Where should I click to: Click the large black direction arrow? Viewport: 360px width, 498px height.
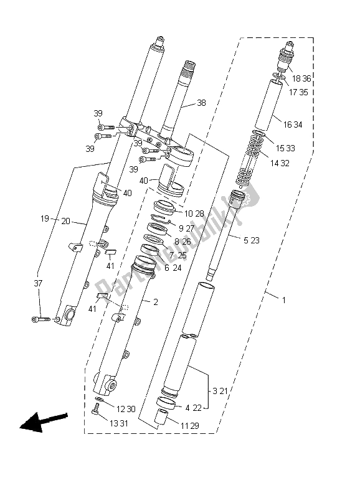pyautogui.click(x=43, y=421)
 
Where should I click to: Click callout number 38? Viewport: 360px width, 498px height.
pyautogui.click(x=201, y=103)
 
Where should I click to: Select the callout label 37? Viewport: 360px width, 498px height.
pyautogui.click(x=38, y=283)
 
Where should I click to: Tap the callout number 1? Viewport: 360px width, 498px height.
pyautogui.click(x=284, y=300)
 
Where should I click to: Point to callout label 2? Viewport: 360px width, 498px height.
pyautogui.click(x=155, y=302)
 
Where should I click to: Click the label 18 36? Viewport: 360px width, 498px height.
pyautogui.click(x=301, y=78)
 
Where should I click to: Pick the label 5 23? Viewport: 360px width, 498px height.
pyautogui.click(x=252, y=240)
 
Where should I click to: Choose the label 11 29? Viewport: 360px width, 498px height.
pyautogui.click(x=190, y=426)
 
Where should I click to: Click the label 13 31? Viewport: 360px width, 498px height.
pyautogui.click(x=119, y=423)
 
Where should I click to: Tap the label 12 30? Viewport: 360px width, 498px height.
pyautogui.click(x=126, y=410)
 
